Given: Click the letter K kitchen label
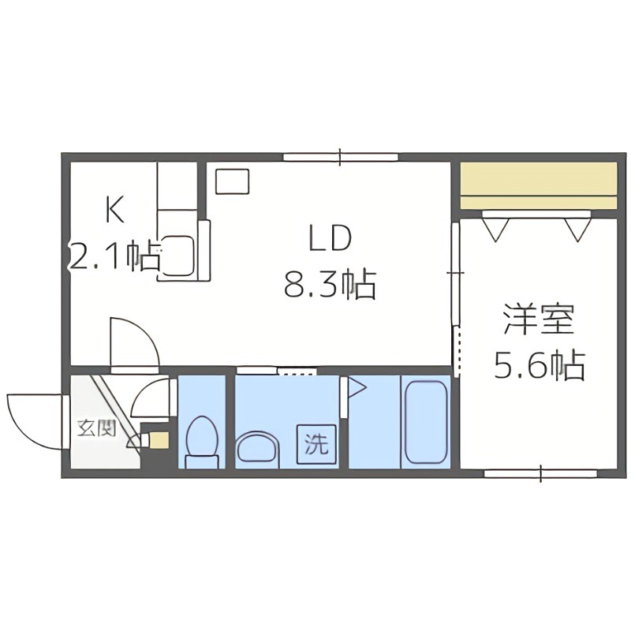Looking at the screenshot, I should pyautogui.click(x=115, y=210).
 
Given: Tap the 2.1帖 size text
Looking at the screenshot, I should pyautogui.click(x=115, y=256).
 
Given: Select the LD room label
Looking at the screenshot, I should pyautogui.click(x=328, y=239).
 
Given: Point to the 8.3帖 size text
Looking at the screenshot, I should pyautogui.click(x=329, y=284).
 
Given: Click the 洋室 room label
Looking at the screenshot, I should pyautogui.click(x=538, y=319).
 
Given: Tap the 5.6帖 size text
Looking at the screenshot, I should pyautogui.click(x=539, y=365).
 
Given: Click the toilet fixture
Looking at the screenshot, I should pyautogui.click(x=202, y=441).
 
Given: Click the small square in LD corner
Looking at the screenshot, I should pyautogui.click(x=233, y=181).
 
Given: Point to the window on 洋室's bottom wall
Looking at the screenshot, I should pyautogui.click(x=541, y=474).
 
